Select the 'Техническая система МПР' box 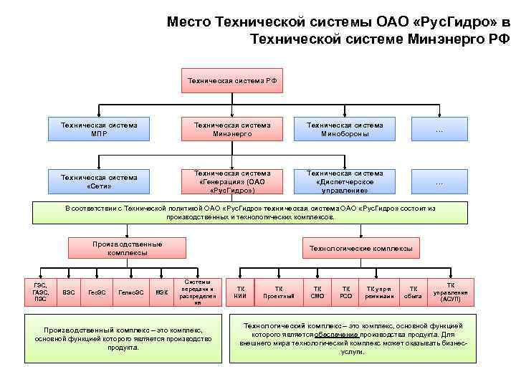click(99, 129)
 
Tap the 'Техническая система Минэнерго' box click(231, 129)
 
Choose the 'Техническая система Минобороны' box click(345, 129)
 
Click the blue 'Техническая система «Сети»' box click(99, 181)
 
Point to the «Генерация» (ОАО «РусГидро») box click(231, 182)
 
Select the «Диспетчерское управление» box click(345, 182)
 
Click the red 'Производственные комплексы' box click(127, 248)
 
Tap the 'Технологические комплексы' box click(360, 248)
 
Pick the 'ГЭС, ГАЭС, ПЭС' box click(40, 292)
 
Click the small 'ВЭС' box click(69, 292)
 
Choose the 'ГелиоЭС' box click(130, 292)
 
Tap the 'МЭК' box click(162, 292)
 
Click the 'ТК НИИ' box click(239, 292)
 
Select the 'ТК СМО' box click(317, 292)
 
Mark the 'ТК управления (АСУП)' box click(451, 292)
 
